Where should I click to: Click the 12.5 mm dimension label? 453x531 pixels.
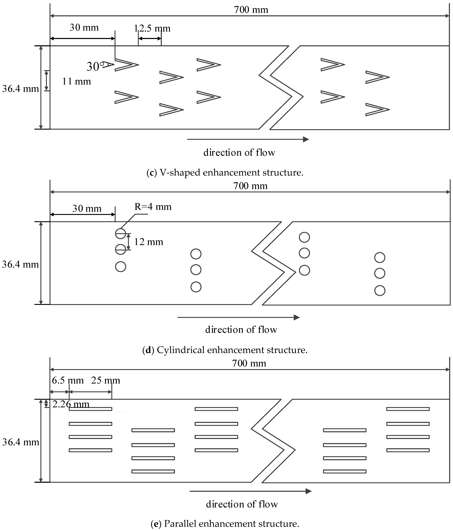coord(152,28)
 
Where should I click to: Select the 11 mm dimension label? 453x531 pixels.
coord(76,81)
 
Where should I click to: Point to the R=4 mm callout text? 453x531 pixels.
coord(153,207)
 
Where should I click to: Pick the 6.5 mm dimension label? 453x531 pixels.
coord(68,380)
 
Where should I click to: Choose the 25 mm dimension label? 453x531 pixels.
coord(106,380)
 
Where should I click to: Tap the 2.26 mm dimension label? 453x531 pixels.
coord(71,404)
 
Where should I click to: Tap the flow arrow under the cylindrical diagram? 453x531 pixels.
coord(238,317)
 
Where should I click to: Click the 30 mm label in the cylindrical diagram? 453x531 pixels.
coord(87,208)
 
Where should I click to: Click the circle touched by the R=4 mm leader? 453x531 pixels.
coord(120,233)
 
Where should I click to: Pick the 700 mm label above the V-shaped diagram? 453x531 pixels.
coord(251,10)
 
